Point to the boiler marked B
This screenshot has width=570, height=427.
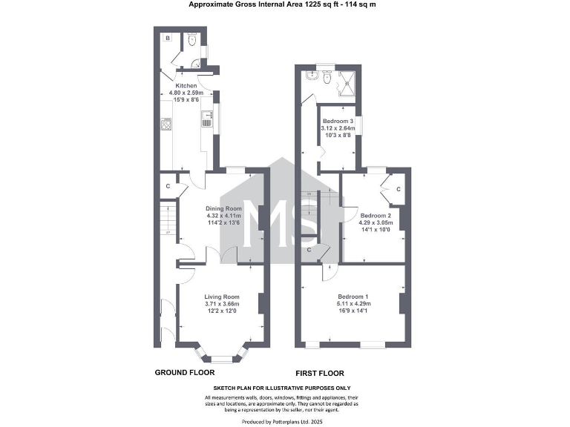pyautogui.click(x=168, y=37)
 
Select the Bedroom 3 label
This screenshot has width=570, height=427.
pyautogui.click(x=338, y=121)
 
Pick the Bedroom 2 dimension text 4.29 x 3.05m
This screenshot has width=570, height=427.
pyautogui.click(x=375, y=222)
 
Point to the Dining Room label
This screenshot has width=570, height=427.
pyautogui.click(x=224, y=208)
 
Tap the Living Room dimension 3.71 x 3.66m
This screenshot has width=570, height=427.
pyautogui.click(x=223, y=304)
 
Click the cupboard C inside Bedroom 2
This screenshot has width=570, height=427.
pyautogui.click(x=398, y=191)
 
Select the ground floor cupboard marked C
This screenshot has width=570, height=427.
pyautogui.click(x=168, y=185)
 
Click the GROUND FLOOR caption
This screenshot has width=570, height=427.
pyautogui.click(x=184, y=372)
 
